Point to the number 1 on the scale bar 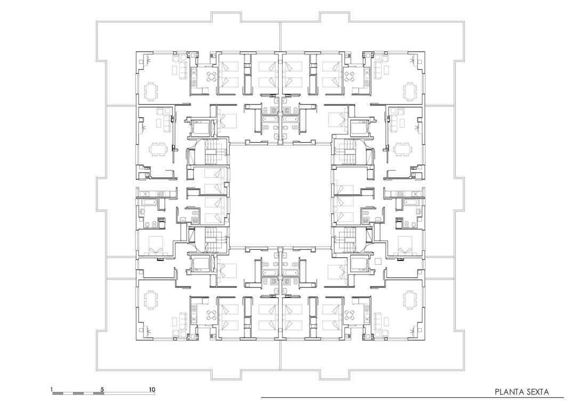(52, 389)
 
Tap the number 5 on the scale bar (102, 389)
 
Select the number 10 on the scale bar (152, 389)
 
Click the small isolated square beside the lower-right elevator (378, 261)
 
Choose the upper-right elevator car (359, 127)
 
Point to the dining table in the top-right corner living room (409, 92)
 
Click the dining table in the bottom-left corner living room (151, 299)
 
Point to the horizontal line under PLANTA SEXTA (412, 398)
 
